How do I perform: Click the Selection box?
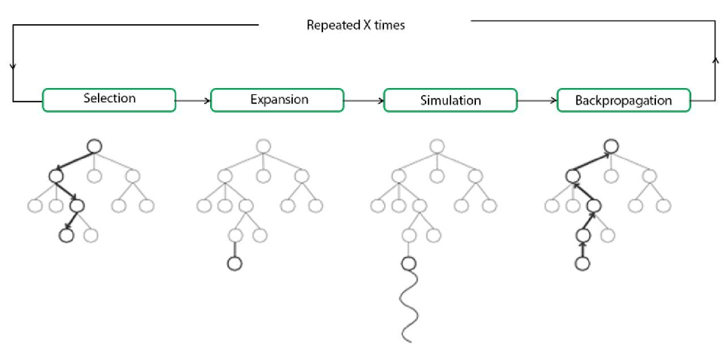(x=109, y=99)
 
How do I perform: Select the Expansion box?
(x=277, y=100)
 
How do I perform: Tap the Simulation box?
(x=450, y=100)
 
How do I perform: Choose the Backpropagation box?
(x=624, y=100)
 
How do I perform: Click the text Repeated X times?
(x=355, y=26)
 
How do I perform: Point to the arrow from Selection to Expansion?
(x=193, y=99)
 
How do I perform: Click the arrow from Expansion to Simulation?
(x=364, y=99)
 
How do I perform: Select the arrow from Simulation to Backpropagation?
(x=537, y=99)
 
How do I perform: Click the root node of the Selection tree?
(x=94, y=145)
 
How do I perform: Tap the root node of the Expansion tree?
(x=263, y=145)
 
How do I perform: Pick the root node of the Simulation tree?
(x=436, y=145)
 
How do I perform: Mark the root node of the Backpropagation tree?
(x=612, y=145)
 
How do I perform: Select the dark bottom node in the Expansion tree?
(x=233, y=264)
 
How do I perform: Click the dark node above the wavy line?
(x=408, y=264)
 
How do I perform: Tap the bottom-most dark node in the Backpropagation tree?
(x=581, y=264)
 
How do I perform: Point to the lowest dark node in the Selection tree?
(x=66, y=235)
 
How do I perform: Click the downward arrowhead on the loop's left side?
(x=13, y=66)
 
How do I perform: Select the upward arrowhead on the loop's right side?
(x=714, y=59)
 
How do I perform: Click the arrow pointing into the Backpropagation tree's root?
(x=595, y=160)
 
